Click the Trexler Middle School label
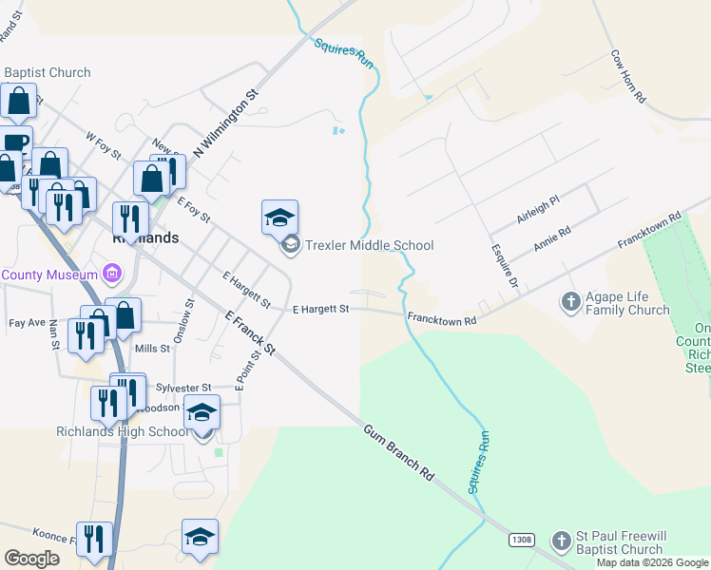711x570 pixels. point(369,245)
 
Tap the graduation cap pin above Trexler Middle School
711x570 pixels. point(279,218)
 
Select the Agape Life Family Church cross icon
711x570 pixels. point(570,302)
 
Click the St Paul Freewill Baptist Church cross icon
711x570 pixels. point(561,540)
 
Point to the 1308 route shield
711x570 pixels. point(521,540)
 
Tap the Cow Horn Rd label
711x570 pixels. point(628,76)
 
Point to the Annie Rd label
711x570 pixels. point(551,238)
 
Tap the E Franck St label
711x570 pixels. point(250,332)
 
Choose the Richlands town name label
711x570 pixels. point(145,238)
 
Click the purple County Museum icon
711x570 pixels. point(113,275)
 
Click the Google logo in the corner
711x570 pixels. point(32,558)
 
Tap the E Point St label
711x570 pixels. point(248,370)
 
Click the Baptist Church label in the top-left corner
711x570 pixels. point(48,72)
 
